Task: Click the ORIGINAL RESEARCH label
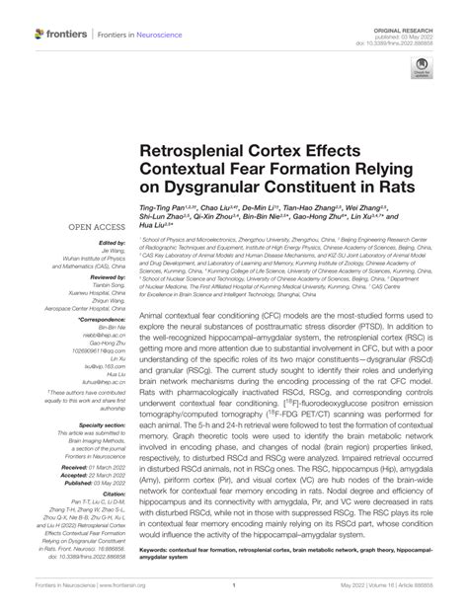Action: (426, 6)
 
